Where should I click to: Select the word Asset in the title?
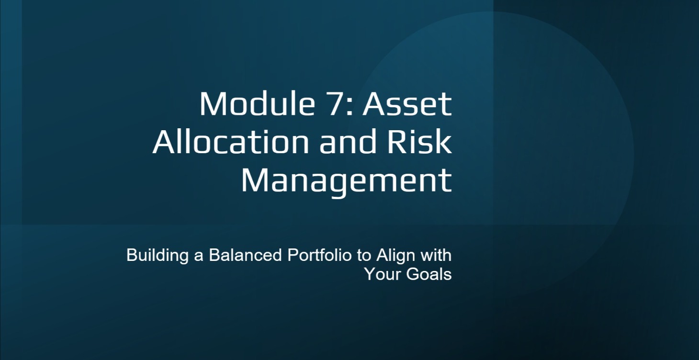(407, 103)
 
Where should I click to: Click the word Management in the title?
(346, 180)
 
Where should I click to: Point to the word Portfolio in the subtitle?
(320, 255)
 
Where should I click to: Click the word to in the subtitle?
(364, 255)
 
